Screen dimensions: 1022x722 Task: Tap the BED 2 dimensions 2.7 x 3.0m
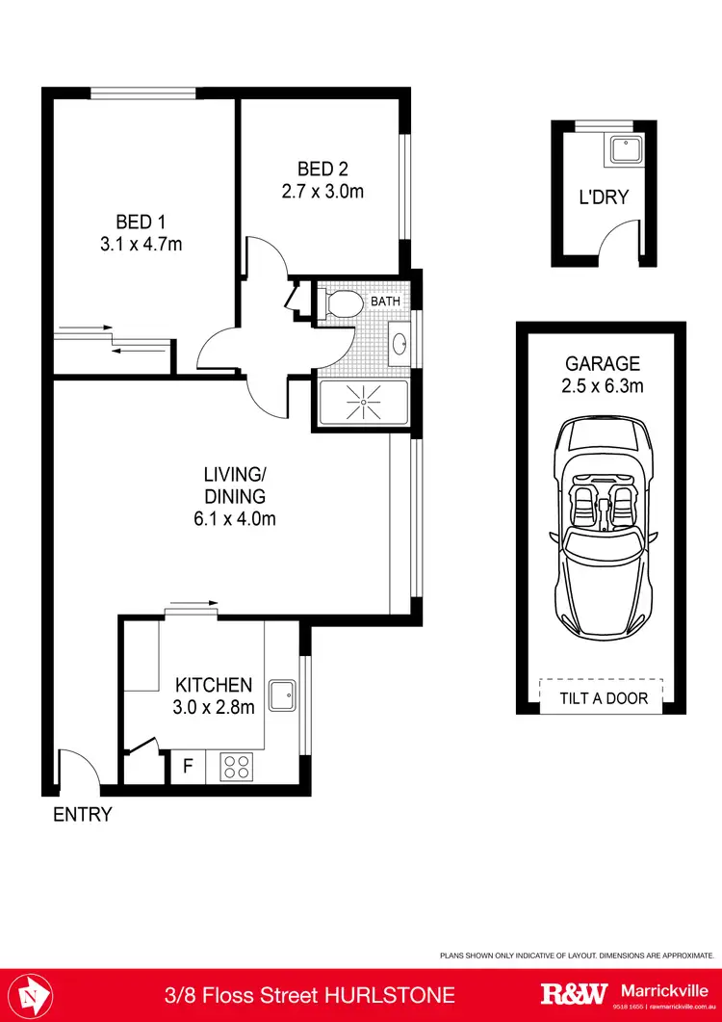322,191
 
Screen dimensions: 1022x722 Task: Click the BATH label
386,301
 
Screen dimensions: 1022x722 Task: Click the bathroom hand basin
400,344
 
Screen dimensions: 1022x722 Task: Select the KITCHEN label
214,685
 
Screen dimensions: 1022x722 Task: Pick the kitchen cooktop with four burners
237,768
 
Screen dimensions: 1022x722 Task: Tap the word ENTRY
83,814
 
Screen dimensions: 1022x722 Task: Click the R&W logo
574,993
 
